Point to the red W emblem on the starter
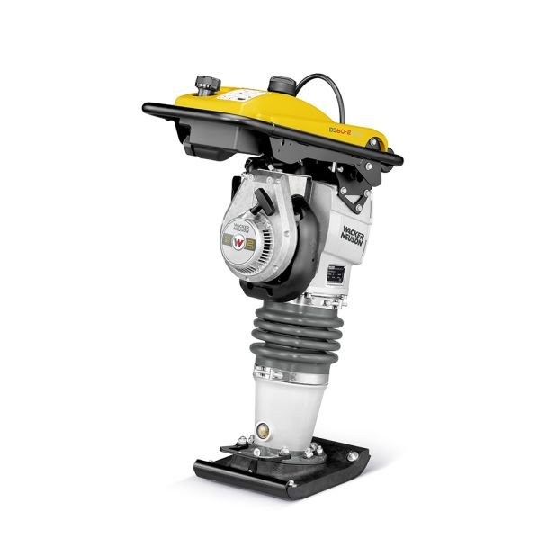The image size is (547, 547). [x=240, y=240]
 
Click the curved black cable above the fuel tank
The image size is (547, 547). [x=319, y=85]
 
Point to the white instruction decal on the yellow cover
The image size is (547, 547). [x=243, y=96]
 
